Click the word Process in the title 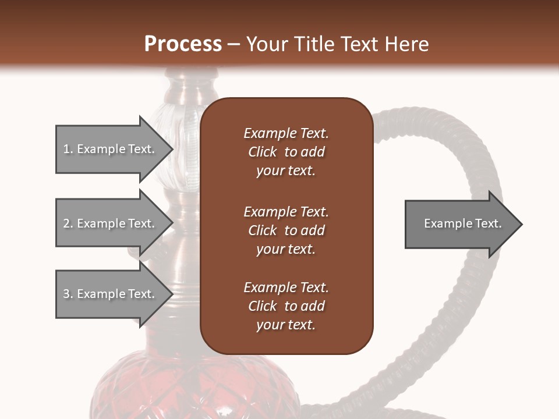click(183, 44)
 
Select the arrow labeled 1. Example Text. click(111, 149)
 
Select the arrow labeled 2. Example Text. click(111, 223)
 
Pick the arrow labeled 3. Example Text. click(111, 294)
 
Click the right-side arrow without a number click(460, 224)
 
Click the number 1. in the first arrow click(68, 149)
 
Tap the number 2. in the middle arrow click(68, 223)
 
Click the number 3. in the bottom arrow click(68, 294)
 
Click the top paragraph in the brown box click(286, 152)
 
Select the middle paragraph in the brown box click(286, 230)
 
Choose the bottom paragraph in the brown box click(286, 306)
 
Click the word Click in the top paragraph click(263, 152)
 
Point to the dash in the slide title click(234, 45)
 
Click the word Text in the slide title click(359, 44)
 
